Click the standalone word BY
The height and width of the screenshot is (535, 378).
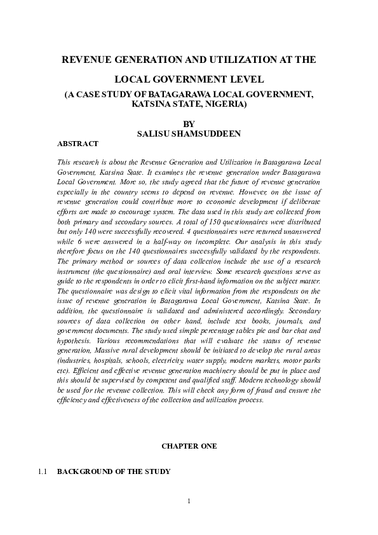point(189,123)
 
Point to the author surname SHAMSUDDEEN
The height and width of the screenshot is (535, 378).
point(202,134)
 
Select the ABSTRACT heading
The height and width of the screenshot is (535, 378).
point(78,144)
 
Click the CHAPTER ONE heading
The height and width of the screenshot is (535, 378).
point(189,447)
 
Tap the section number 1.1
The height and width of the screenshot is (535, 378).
point(43,472)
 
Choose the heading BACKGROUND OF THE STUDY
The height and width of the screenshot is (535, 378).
point(114,472)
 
